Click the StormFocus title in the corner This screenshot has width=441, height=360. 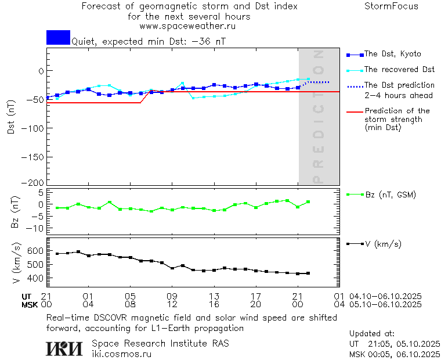click(x=391, y=6)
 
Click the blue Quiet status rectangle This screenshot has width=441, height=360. click(x=58, y=37)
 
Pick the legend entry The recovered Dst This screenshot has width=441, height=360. click(x=399, y=69)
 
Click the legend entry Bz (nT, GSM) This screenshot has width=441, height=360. click(x=390, y=195)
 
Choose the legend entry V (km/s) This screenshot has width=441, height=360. click(x=383, y=244)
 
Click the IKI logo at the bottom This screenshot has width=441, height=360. click(x=66, y=348)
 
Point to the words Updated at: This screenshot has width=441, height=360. click(x=372, y=334)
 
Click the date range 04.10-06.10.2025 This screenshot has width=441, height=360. click(x=386, y=296)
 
